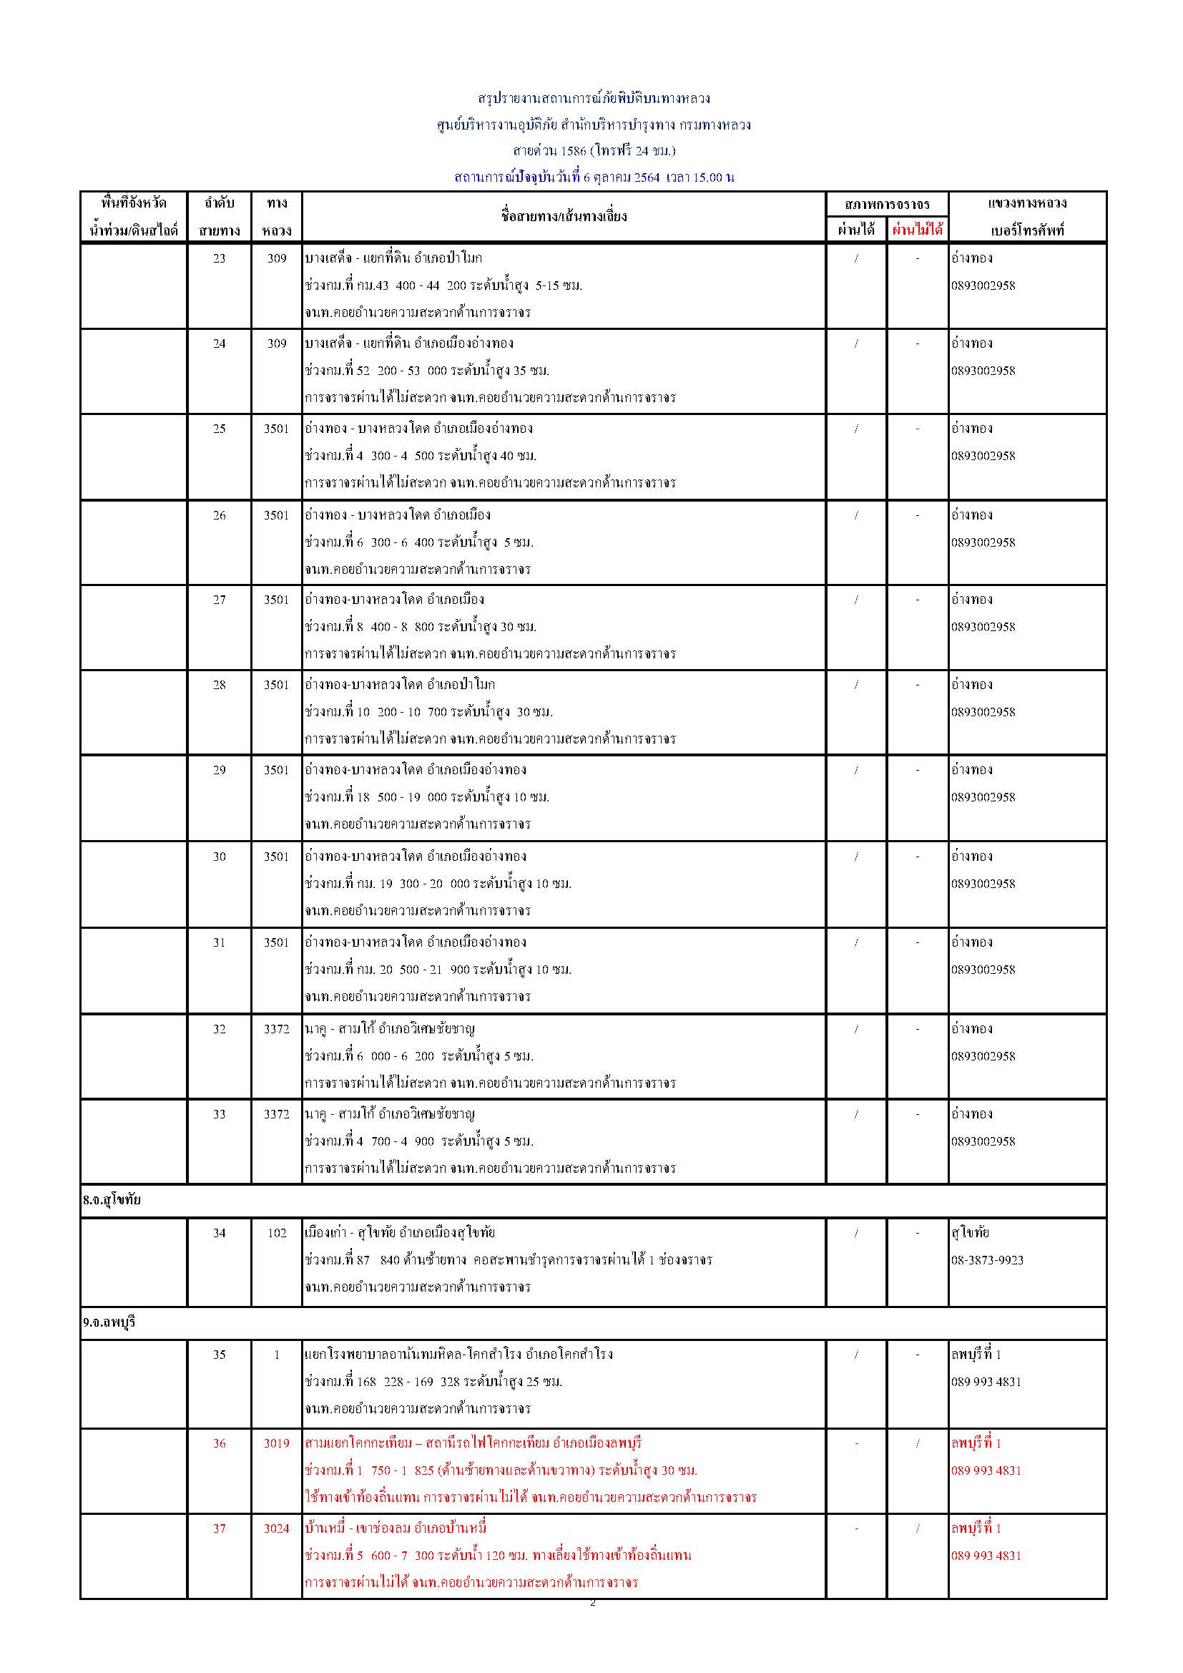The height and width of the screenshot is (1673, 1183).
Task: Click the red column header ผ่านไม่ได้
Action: click(x=917, y=230)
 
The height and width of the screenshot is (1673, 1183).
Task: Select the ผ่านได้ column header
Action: click(x=856, y=230)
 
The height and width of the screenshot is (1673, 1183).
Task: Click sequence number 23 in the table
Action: click(x=220, y=258)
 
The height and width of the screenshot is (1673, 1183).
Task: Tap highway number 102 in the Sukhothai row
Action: click(x=277, y=1233)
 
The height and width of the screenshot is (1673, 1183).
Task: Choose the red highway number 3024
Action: click(x=277, y=1528)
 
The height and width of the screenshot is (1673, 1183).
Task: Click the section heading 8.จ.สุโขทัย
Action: click(x=112, y=1199)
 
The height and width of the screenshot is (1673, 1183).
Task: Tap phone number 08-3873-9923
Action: click(x=987, y=1260)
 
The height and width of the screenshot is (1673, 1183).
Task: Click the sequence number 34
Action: click(x=220, y=1233)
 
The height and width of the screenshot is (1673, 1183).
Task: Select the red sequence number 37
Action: click(x=220, y=1528)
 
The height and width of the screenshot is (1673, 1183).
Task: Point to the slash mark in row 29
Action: click(x=856, y=769)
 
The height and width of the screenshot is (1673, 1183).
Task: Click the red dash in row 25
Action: click(x=917, y=429)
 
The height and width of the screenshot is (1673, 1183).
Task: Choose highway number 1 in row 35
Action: click(x=277, y=1355)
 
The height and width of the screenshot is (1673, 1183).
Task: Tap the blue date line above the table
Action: click(x=594, y=177)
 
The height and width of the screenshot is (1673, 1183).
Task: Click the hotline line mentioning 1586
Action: click(x=594, y=151)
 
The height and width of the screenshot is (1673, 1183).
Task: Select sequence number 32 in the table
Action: click(x=220, y=1029)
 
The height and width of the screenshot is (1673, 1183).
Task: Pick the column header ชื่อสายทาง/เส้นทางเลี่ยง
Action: click(x=564, y=215)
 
